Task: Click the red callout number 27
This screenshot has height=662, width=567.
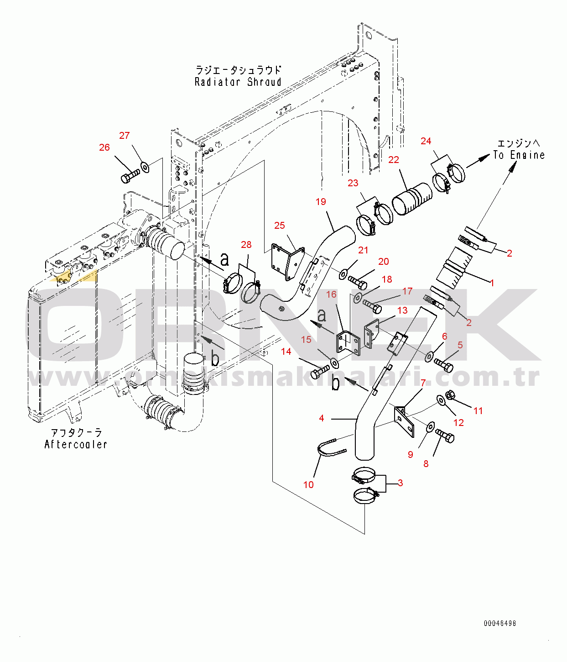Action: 124,136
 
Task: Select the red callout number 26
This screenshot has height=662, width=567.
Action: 104,147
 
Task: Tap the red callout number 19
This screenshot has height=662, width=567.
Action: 321,201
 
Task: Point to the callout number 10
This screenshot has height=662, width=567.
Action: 308,485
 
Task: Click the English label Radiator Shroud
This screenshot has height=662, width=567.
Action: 238,82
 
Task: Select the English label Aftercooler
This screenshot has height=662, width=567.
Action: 76,444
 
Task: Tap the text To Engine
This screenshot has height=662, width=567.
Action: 519,155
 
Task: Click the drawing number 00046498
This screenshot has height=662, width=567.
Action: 499,623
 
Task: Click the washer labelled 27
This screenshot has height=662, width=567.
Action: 145,167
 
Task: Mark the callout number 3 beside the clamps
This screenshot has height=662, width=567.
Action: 400,483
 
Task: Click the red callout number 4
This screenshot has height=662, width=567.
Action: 322,418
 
